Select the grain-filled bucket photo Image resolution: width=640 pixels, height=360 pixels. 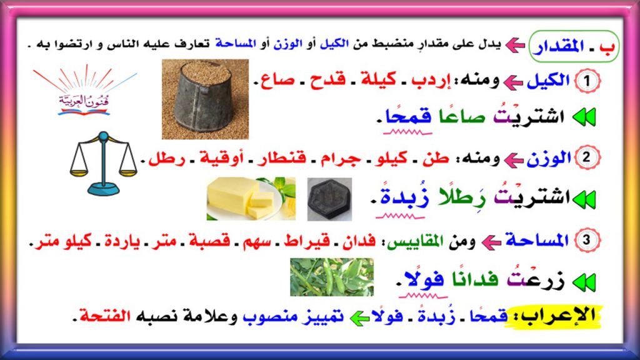205,99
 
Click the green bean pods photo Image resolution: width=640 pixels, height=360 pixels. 331,277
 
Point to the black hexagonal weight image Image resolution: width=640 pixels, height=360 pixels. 329,199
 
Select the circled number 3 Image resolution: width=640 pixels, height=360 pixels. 586,239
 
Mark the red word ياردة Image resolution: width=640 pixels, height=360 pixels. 123,240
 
